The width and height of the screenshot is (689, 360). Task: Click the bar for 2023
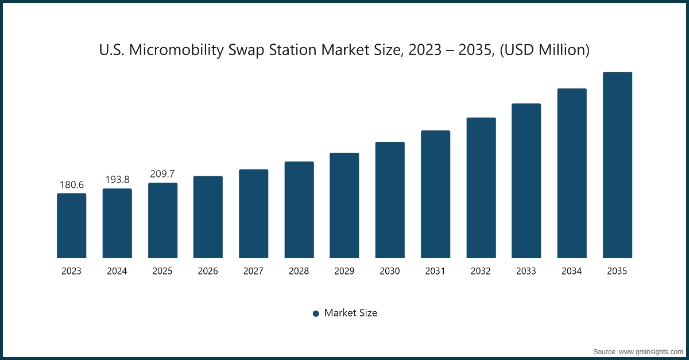(71, 226)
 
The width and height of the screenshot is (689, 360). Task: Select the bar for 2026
(208, 217)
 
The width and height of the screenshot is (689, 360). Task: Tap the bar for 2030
(390, 200)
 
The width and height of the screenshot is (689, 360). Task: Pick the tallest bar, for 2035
(617, 165)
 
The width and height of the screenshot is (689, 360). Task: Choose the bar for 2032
(481, 188)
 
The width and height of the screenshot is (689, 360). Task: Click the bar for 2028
(299, 210)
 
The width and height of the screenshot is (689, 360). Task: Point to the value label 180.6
(72, 185)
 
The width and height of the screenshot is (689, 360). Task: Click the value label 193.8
(117, 180)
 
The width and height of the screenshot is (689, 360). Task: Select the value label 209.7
(162, 174)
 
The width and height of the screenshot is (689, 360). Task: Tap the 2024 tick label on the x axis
(117, 272)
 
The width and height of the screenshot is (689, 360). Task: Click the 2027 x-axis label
(253, 272)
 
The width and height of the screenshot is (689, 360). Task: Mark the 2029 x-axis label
(344, 272)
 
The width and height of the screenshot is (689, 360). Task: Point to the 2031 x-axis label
(435, 272)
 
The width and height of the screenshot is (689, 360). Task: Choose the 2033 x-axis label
(527, 272)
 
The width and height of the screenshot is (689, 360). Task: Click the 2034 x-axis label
(572, 272)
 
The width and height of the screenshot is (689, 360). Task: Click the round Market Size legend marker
(316, 313)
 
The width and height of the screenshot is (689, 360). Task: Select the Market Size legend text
(350, 313)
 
